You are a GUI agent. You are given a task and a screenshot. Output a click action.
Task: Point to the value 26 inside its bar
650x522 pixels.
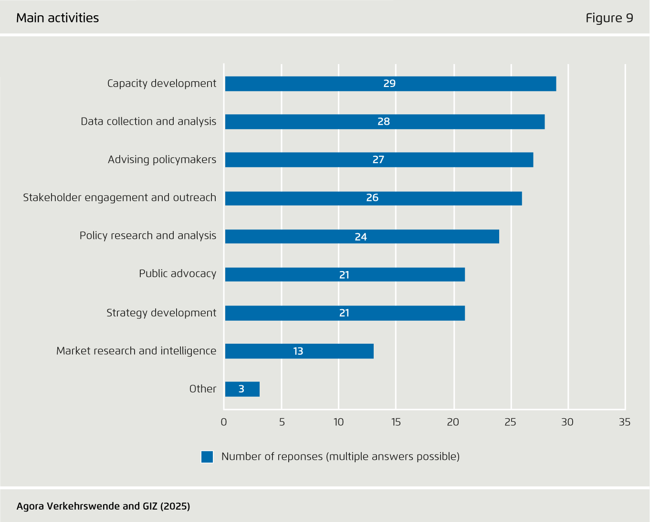tap(372, 198)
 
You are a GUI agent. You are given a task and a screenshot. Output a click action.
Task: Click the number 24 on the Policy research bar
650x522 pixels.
tap(361, 237)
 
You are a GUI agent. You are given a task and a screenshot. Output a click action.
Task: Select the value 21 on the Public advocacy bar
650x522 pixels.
tap(344, 275)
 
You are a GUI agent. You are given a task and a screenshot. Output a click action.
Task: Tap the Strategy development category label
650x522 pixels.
tap(161, 313)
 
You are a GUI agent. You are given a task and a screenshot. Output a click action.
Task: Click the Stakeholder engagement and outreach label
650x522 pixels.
tap(119, 198)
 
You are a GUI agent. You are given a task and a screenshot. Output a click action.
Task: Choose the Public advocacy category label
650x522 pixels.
tap(178, 274)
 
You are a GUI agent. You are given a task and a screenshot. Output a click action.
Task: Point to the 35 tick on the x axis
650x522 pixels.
tap(624, 422)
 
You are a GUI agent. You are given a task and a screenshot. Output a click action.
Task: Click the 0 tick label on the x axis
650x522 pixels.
tap(224, 422)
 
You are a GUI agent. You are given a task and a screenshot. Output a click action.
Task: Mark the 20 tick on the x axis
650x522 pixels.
tap(453, 422)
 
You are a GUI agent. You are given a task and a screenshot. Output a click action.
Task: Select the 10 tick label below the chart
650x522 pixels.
tap(338, 422)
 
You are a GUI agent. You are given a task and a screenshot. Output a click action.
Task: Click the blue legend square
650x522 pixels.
tap(207, 457)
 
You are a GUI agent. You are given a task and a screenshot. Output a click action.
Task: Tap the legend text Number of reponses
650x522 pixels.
tap(340, 457)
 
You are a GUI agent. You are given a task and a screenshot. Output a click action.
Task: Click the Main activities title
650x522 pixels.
tap(58, 18)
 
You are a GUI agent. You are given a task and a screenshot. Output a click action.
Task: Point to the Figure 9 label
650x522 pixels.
tap(609, 18)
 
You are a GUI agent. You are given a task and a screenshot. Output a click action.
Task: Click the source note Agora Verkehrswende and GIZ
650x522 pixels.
tap(103, 506)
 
